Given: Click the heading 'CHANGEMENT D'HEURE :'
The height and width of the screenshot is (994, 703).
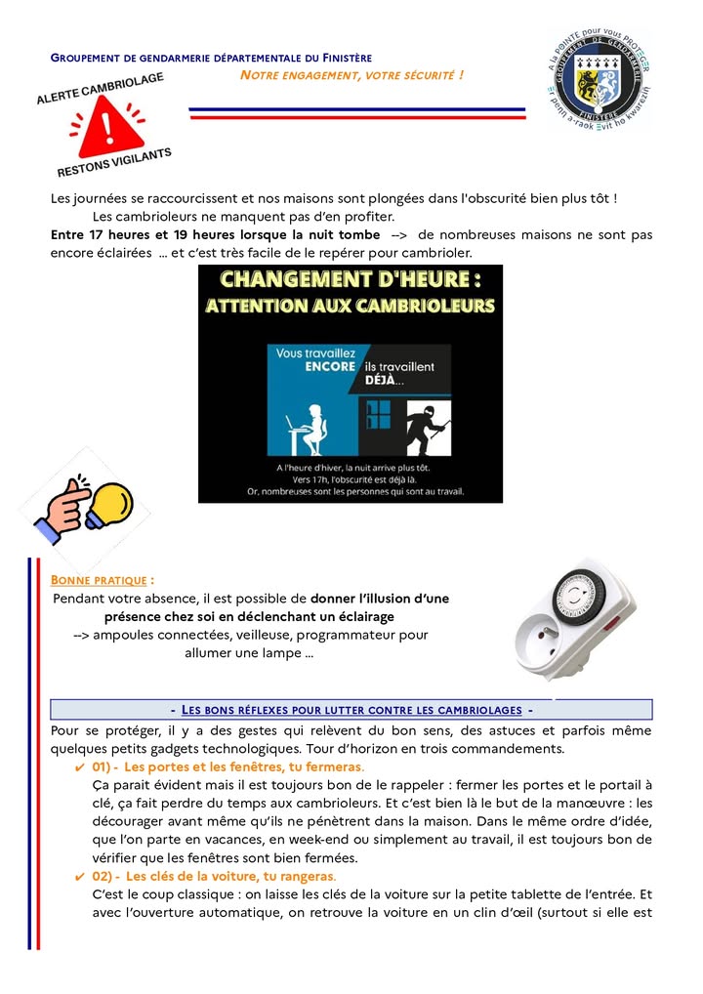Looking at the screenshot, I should pos(350,280).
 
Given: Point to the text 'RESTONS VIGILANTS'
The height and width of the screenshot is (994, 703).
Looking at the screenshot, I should pos(114,162).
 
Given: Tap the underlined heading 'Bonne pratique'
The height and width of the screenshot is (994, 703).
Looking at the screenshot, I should pos(101,579).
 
